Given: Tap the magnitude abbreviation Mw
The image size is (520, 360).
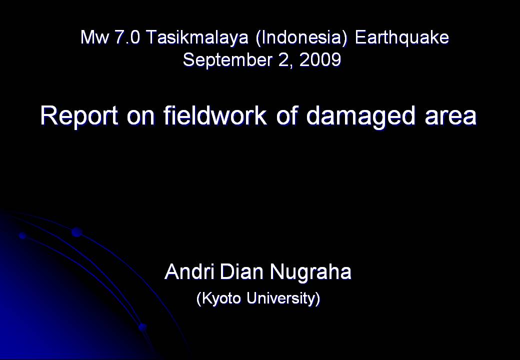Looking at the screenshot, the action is [94, 37].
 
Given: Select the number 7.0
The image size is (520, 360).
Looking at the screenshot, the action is [127, 37].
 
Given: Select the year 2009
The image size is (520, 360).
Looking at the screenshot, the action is [320, 60].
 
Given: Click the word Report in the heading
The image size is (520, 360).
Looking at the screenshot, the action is [79, 116].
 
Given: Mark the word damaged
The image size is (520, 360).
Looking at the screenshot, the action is [360, 116].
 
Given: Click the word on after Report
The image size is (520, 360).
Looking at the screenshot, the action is [140, 117].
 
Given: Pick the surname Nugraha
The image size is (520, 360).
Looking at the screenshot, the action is [310, 273].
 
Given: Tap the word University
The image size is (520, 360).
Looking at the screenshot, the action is [283, 298].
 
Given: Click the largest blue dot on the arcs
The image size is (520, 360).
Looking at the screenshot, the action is [77, 232].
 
